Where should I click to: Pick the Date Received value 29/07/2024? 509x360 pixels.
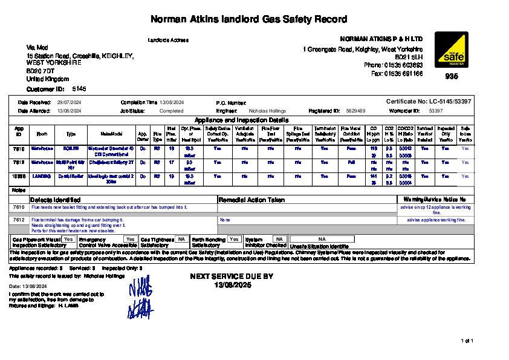pos(69,103)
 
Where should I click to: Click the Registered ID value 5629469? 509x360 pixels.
pos(355,111)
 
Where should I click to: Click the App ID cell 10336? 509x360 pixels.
pos(19,176)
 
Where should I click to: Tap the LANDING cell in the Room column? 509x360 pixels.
pos(42,176)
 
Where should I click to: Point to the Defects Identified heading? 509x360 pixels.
pos(56,200)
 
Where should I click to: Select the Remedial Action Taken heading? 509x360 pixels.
pos(251,200)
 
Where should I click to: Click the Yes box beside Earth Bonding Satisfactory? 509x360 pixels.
pos(234,240)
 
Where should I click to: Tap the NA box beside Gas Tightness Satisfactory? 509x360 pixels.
pos(181,240)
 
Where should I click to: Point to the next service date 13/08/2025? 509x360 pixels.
pos(232,284)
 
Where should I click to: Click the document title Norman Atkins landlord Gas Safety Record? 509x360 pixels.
pos(248,19)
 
